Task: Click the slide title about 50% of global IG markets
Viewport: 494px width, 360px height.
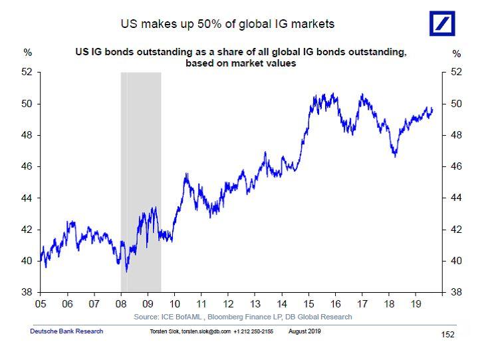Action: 227,24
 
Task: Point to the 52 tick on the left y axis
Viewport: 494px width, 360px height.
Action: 28,73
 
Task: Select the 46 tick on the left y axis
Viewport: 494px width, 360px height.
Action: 28,166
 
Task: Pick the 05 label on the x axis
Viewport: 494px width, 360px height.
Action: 41,303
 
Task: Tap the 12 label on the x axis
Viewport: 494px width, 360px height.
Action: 227,303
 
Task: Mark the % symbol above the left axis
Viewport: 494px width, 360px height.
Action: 27,52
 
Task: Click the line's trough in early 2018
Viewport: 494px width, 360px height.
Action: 395,156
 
